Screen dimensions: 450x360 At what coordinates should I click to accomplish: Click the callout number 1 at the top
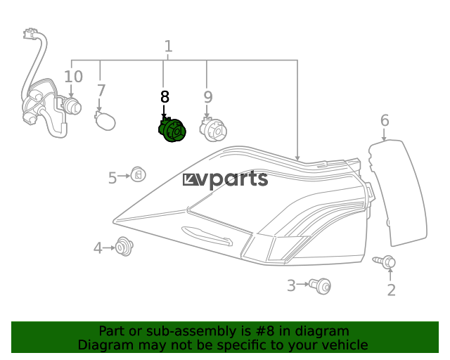pyautogui.click(x=169, y=46)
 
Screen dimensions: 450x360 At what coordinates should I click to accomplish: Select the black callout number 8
pyautogui.click(x=165, y=97)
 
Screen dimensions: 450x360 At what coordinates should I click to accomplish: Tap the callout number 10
pyautogui.click(x=73, y=77)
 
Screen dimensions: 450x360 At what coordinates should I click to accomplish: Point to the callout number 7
pyautogui.click(x=101, y=91)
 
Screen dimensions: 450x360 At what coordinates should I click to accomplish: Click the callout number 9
pyautogui.click(x=208, y=97)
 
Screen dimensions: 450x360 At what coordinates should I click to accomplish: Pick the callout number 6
pyautogui.click(x=385, y=120)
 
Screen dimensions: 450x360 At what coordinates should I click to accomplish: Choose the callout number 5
pyautogui.click(x=112, y=178)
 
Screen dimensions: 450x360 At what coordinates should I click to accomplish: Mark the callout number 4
pyautogui.click(x=98, y=248)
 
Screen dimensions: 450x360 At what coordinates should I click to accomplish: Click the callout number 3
pyautogui.click(x=291, y=285)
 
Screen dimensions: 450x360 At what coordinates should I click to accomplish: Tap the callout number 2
pyautogui.click(x=392, y=290)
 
